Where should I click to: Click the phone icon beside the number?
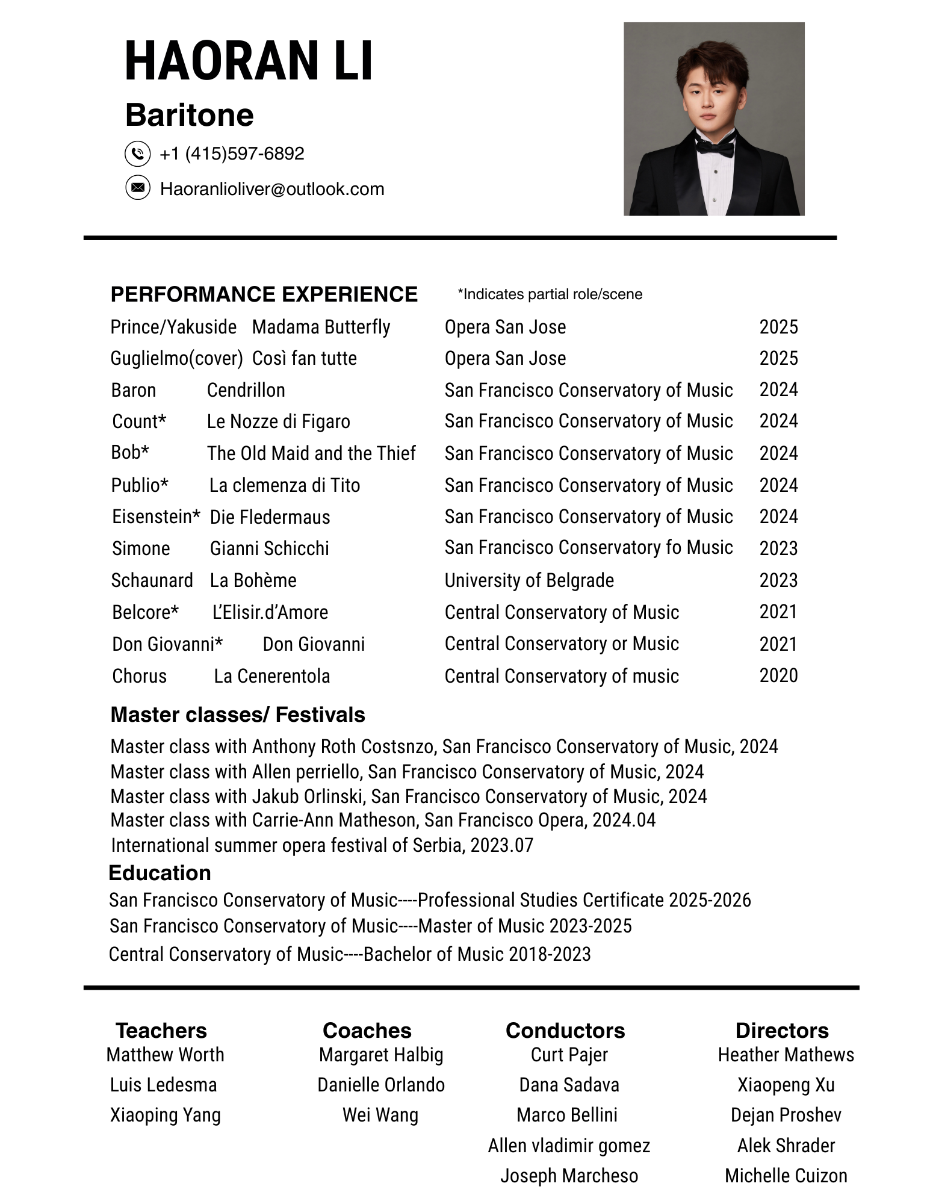(137, 154)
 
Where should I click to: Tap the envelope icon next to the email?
(137, 188)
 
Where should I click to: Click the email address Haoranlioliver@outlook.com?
(271, 189)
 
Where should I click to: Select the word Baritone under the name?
(189, 115)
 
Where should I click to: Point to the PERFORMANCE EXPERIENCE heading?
(264, 294)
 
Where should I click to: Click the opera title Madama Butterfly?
(321, 327)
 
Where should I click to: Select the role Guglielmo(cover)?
(176, 358)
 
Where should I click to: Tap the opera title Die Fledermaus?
(270, 517)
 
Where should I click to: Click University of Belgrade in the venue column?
(529, 580)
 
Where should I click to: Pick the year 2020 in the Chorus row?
(778, 675)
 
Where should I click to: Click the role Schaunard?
(152, 580)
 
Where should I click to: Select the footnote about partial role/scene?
(550, 294)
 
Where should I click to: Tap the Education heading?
(160, 873)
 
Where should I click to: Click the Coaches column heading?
(367, 1031)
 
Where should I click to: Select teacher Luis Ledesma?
(163, 1085)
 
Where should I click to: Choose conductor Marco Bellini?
(567, 1115)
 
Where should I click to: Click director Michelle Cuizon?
(786, 1176)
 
